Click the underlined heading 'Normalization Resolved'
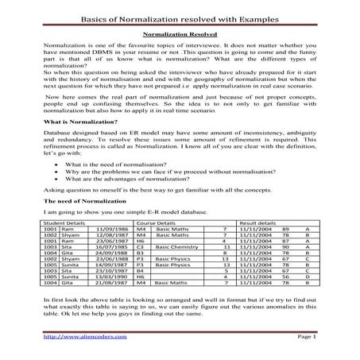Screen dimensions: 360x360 coord(180,36)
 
